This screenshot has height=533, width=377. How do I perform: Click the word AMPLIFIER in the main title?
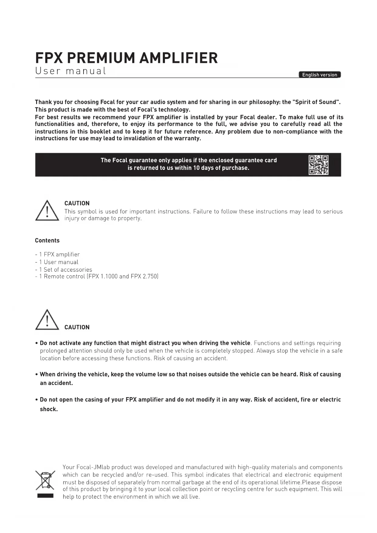pyautogui.click(x=179, y=58)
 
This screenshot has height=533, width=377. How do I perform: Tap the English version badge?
pyautogui.click(x=320, y=75)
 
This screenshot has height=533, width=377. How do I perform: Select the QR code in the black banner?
pyautogui.click(x=318, y=165)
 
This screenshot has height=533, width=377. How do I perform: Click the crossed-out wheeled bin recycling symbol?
pyautogui.click(x=45, y=480)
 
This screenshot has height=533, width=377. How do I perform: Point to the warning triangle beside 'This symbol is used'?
pyautogui.click(x=47, y=211)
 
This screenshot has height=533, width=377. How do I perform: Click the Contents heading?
pyautogui.click(x=47, y=240)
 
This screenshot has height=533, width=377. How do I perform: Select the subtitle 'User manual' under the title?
pyautogui.click(x=70, y=71)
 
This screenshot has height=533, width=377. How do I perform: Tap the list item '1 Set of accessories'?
pyautogui.click(x=66, y=270)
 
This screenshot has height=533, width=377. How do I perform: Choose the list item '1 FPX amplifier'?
pyautogui.click(x=59, y=254)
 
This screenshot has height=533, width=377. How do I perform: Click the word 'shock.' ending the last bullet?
pyautogui.click(x=49, y=409)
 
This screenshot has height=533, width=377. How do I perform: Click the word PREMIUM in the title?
pyautogui.click(x=101, y=58)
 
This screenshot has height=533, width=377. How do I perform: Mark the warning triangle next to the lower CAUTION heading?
pyautogui.click(x=47, y=320)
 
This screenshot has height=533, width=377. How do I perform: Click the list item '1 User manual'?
pyautogui.click(x=59, y=262)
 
